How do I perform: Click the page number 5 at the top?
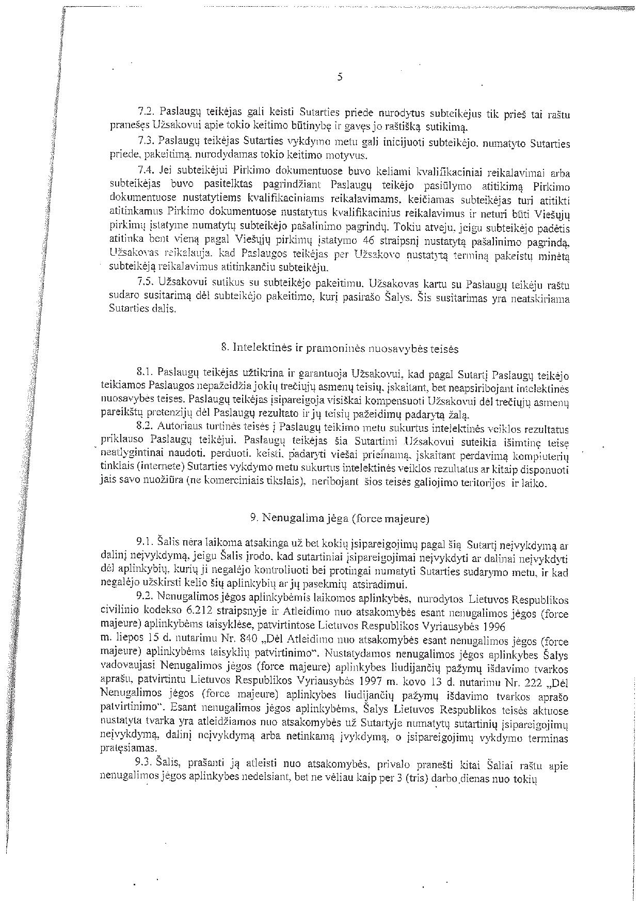coord(339,77)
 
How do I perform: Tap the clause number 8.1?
coord(145,372)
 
